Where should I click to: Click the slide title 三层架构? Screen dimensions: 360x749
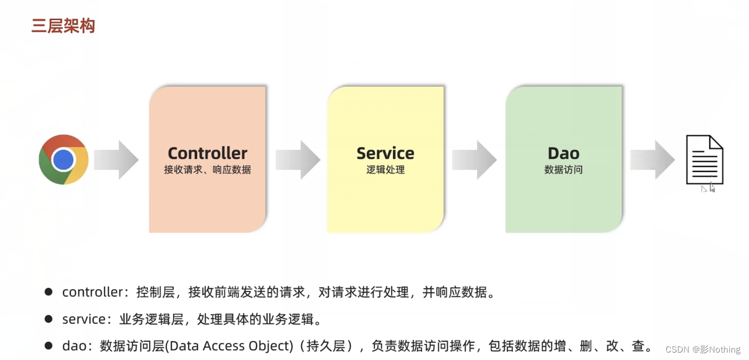[x=63, y=26]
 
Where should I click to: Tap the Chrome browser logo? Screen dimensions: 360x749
[x=63, y=159]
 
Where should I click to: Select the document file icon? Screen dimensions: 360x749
[x=704, y=159]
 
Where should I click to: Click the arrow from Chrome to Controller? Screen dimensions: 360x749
[x=116, y=160]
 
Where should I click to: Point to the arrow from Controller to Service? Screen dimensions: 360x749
[x=298, y=160]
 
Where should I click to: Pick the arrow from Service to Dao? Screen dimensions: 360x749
[x=474, y=160]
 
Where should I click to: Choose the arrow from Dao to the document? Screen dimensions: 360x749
[x=652, y=160]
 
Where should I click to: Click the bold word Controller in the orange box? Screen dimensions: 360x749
[x=207, y=153]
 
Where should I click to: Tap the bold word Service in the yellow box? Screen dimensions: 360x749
[x=385, y=153]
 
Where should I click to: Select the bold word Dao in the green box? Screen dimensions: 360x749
[x=563, y=153]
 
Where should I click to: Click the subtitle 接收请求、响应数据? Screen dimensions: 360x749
[x=207, y=170]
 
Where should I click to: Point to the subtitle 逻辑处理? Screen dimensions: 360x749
[x=385, y=170]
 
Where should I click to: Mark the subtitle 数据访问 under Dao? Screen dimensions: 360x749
[x=563, y=170]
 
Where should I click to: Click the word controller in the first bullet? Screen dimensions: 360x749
[x=92, y=293]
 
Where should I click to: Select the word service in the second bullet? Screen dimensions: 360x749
[x=83, y=319]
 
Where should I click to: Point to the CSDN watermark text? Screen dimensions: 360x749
[x=702, y=349]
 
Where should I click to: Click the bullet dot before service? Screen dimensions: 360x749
[x=49, y=319]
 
